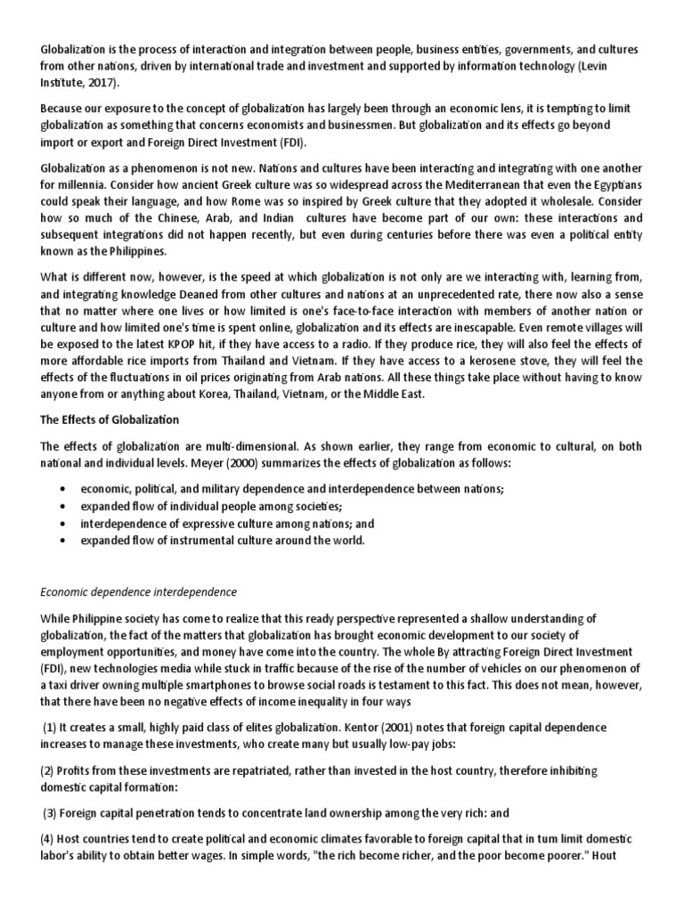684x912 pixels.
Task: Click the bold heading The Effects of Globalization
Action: click(x=110, y=419)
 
